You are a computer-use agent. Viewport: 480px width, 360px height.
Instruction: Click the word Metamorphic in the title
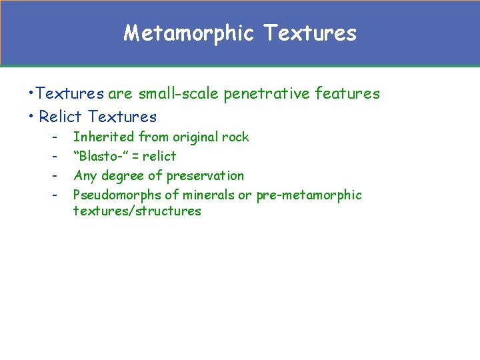189,33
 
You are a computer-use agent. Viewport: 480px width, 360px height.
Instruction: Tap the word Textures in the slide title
310,33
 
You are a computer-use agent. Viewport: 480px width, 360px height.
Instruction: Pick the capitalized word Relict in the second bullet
61,117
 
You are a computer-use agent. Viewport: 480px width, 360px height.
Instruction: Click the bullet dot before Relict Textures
32,117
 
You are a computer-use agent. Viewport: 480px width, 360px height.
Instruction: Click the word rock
235,137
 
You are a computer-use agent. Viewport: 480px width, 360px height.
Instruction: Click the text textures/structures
137,211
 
